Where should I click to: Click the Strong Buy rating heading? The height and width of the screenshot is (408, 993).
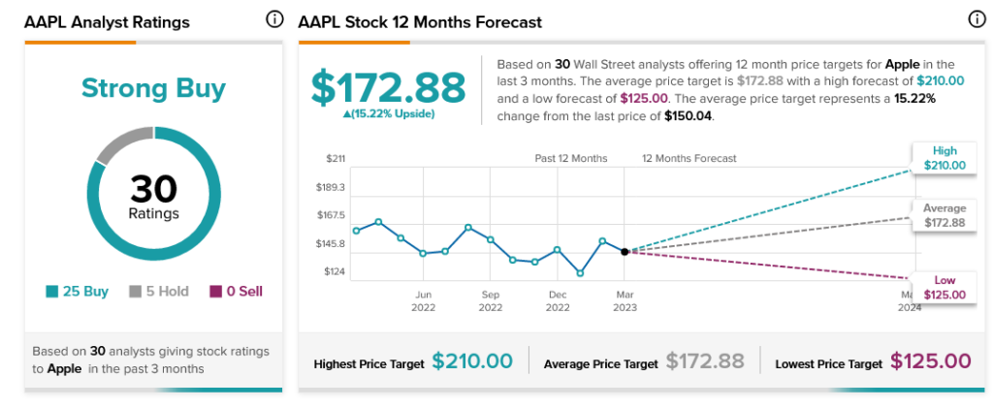(x=153, y=88)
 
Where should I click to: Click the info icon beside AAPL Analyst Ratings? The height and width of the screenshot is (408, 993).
(x=274, y=20)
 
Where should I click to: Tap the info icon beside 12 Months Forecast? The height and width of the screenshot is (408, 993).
(x=977, y=20)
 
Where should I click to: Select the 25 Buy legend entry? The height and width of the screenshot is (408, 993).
(x=78, y=292)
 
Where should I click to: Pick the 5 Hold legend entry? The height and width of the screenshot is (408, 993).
(x=159, y=292)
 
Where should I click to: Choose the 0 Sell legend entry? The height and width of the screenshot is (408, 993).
(x=236, y=292)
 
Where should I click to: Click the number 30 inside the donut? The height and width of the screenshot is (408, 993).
(x=154, y=189)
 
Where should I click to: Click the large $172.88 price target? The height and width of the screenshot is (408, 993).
(x=388, y=87)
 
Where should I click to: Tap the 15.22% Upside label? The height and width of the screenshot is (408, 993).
(x=388, y=113)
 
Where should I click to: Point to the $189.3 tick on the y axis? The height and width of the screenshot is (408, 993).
(x=330, y=187)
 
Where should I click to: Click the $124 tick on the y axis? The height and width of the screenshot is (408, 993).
(x=334, y=271)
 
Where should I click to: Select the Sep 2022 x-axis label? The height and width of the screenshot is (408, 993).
(x=490, y=301)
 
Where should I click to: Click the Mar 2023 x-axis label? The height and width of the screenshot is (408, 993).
(x=625, y=301)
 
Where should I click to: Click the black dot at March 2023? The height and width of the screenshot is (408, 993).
(x=625, y=252)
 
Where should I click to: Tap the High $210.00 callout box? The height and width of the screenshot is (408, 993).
(x=945, y=158)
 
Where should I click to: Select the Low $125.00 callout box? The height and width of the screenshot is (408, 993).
(x=945, y=287)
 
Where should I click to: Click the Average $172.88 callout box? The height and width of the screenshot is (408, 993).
(x=945, y=215)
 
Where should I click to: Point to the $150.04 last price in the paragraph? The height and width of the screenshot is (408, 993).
(x=689, y=117)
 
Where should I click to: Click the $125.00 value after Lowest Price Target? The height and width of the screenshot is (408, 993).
(x=930, y=361)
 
